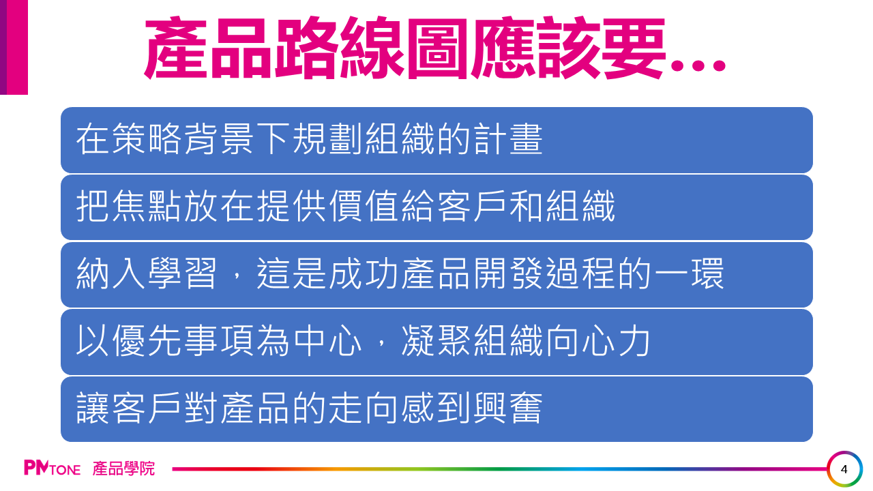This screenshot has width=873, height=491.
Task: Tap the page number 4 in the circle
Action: pos(844,469)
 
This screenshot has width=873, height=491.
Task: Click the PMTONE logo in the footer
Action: pos(53,468)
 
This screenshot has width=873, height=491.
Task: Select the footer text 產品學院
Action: pos(123,468)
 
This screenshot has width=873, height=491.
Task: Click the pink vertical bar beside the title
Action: pos(17,47)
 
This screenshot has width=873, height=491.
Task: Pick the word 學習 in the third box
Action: pos(182,273)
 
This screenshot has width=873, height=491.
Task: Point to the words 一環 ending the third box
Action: pos(689,273)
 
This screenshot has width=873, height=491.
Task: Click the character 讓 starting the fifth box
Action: pos(92,408)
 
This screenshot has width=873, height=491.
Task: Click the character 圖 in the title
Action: pos(438,48)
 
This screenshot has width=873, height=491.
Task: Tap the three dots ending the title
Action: pos(698,65)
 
